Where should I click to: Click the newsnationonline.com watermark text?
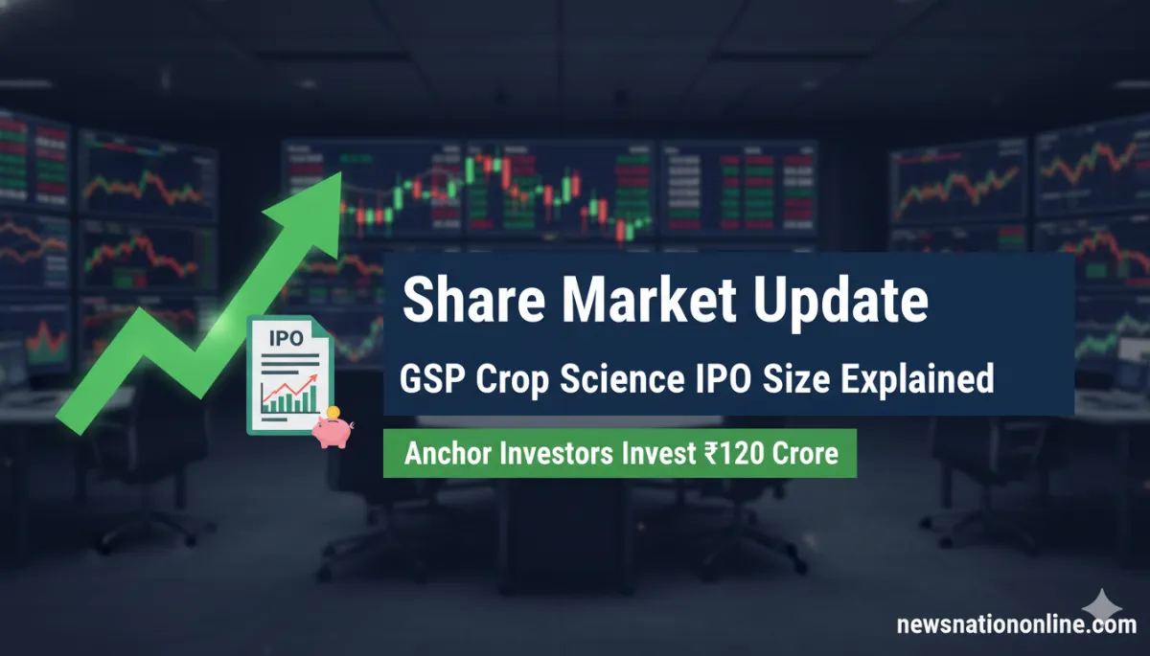(x=1016, y=625)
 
